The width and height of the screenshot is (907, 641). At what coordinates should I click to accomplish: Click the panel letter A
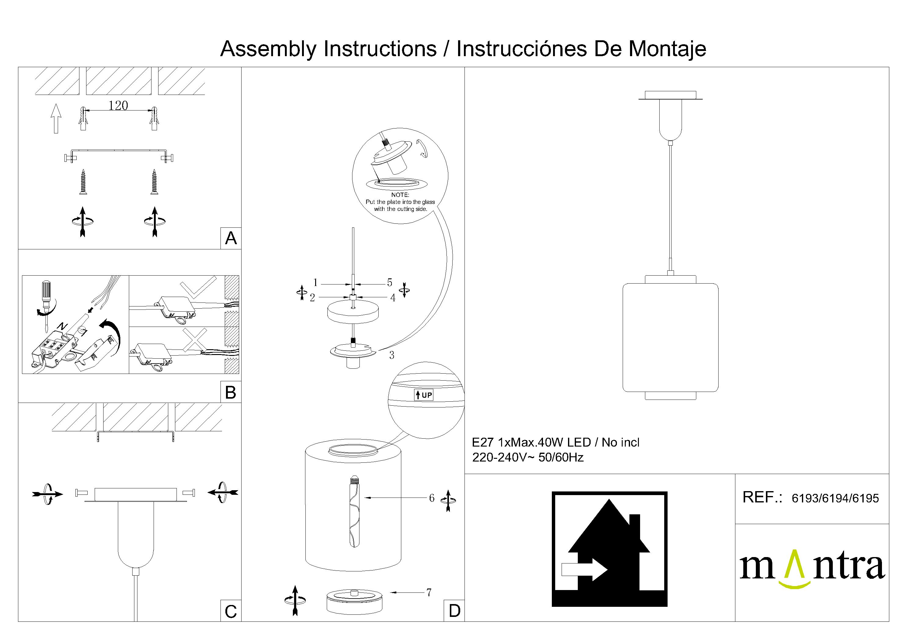click(231, 238)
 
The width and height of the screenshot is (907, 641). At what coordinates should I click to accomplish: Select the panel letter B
click(231, 393)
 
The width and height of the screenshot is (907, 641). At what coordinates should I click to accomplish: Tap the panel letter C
click(231, 612)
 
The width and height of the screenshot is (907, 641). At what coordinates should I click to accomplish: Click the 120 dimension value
click(118, 105)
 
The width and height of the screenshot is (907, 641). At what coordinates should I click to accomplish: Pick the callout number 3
click(392, 355)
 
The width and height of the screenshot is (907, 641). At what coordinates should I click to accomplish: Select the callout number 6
click(432, 498)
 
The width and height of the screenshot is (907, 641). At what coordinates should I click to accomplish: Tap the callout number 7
click(429, 592)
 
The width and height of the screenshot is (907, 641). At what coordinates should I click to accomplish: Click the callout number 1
click(315, 282)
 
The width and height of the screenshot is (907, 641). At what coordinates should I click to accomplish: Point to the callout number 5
click(389, 282)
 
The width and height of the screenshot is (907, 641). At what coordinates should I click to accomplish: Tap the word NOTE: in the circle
click(400, 195)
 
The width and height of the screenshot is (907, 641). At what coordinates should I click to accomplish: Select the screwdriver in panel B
click(46, 304)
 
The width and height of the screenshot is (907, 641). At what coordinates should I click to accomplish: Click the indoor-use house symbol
click(609, 549)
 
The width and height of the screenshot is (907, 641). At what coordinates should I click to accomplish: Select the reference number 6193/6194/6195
click(835, 498)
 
